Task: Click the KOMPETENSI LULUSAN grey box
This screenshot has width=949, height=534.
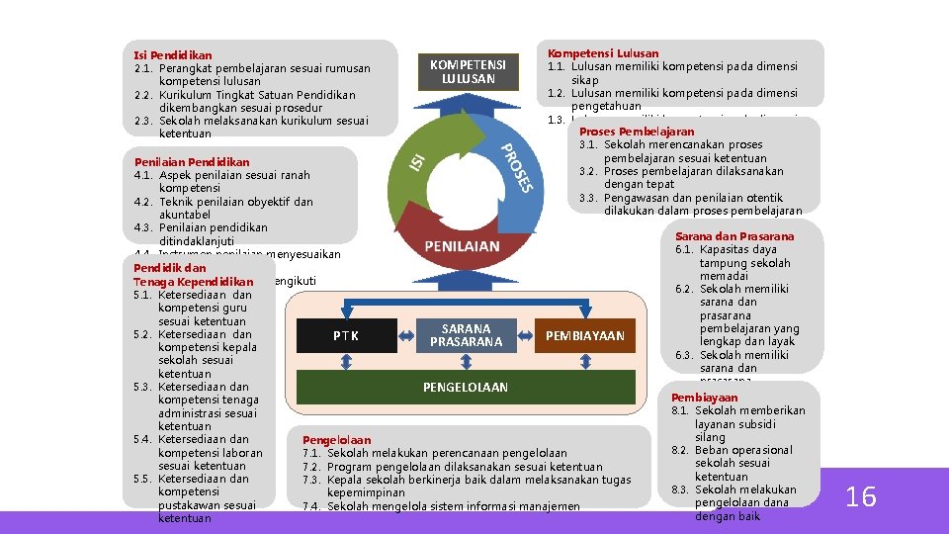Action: point(467,71)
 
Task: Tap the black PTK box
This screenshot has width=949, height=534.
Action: point(345,336)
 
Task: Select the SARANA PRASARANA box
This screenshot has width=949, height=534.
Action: point(466,336)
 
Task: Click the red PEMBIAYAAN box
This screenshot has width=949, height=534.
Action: point(585,336)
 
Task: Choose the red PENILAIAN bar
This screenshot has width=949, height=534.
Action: point(462,246)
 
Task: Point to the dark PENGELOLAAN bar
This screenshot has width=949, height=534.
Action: point(465,388)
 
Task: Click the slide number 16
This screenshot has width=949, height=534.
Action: point(861,496)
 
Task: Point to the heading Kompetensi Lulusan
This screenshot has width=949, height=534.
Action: point(603,53)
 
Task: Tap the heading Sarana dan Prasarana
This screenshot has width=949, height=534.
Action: point(734,236)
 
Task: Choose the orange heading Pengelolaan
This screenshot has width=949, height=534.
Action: point(336,440)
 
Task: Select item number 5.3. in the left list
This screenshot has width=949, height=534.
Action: point(143,387)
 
